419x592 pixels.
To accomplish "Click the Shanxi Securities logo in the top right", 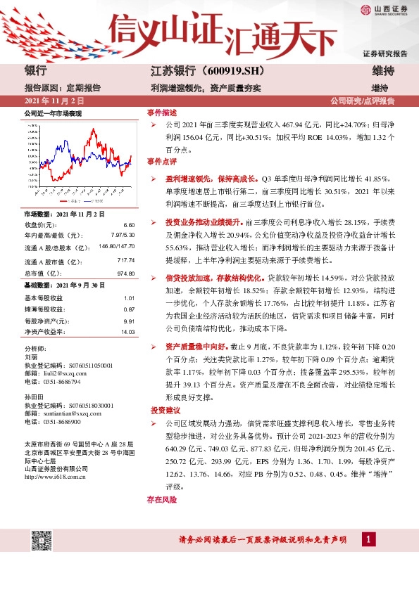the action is tap(384, 10).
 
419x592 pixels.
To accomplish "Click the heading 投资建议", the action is tap(164, 409).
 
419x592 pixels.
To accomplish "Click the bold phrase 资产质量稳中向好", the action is tap(196, 347).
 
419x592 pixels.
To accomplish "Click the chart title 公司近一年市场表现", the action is tap(53, 113).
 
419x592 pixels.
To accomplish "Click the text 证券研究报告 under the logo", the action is tap(384, 53).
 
